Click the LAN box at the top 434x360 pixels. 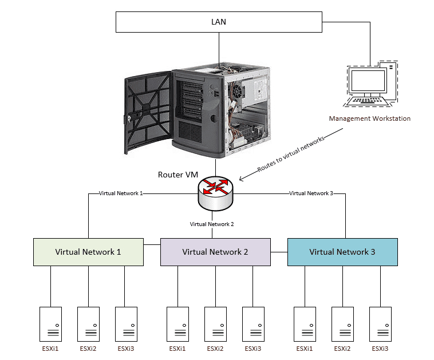pyautogui.click(x=218, y=22)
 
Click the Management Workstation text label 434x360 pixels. pyautogui.click(x=369, y=119)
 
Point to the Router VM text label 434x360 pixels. pyautogui.click(x=178, y=174)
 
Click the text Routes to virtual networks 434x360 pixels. pyautogui.click(x=291, y=154)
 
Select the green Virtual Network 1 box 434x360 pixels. pyautogui.click(x=88, y=252)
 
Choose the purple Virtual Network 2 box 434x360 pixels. pyautogui.click(x=215, y=252)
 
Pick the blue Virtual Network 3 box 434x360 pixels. pyautogui.click(x=342, y=252)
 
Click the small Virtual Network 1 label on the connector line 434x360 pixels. pyautogui.click(x=120, y=193)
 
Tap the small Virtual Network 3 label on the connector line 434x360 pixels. pyautogui.click(x=311, y=193)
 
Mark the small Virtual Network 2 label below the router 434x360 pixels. pyautogui.click(x=212, y=224)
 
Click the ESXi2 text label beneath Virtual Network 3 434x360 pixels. pyautogui.click(x=342, y=349)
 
